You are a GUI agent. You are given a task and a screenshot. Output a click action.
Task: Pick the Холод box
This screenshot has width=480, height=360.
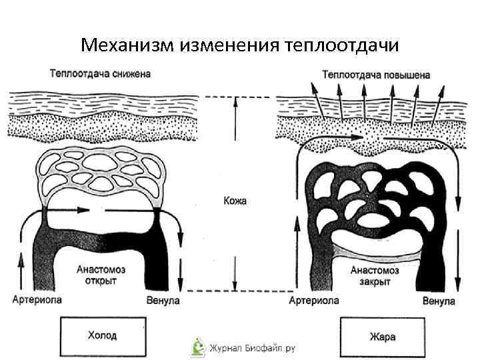click(103, 335)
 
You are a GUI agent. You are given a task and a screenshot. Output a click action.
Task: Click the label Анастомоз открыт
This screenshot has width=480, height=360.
click(101, 275)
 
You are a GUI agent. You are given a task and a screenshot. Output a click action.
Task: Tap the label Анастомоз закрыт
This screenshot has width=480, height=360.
click(375, 277)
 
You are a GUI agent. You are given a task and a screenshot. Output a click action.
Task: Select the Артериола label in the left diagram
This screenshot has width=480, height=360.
click(37, 301)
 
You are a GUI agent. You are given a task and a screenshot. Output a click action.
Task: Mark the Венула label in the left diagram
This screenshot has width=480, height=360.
click(163, 301)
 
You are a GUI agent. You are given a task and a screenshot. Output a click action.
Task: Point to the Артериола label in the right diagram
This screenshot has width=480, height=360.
click(314, 301)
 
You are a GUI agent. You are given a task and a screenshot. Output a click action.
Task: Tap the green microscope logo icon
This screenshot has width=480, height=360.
click(197, 346)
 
